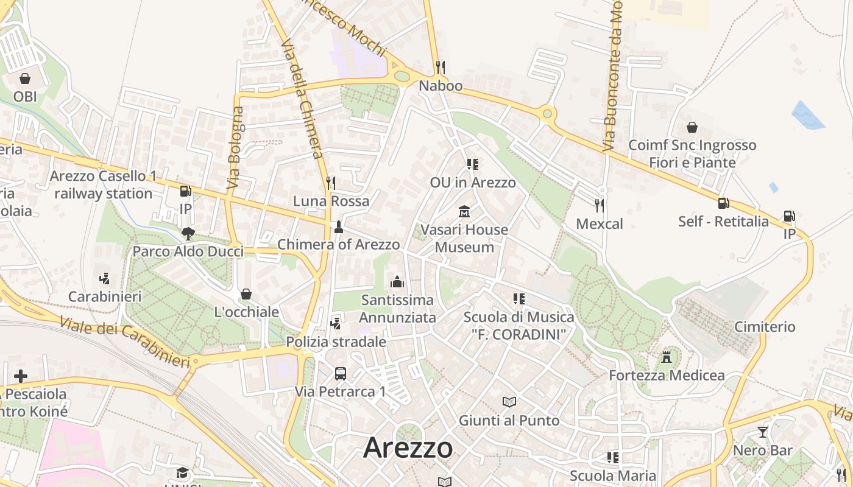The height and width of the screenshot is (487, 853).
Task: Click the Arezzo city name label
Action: (408, 448)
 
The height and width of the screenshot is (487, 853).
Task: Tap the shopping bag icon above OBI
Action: (25, 79)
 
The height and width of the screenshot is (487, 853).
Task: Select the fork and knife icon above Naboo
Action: (441, 67)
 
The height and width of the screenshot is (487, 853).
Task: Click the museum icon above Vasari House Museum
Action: (464, 211)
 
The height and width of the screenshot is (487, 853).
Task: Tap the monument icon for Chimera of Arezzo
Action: (339, 227)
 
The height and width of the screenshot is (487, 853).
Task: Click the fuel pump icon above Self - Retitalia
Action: (723, 203)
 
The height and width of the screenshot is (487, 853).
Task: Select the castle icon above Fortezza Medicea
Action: (667, 357)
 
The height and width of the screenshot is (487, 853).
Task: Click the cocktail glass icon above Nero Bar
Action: (762, 432)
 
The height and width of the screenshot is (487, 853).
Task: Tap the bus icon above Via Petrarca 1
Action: (340, 373)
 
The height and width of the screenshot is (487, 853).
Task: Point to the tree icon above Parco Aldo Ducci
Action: (188, 233)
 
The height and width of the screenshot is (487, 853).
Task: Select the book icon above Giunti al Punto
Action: (509, 402)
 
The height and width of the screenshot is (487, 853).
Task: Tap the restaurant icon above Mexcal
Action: (600, 206)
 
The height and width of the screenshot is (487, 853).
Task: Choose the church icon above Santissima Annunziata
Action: (397, 282)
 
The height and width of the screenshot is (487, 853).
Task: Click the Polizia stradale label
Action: (336, 342)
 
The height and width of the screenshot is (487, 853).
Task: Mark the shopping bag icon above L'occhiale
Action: (246, 294)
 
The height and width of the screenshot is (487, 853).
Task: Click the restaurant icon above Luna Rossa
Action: (331, 183)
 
